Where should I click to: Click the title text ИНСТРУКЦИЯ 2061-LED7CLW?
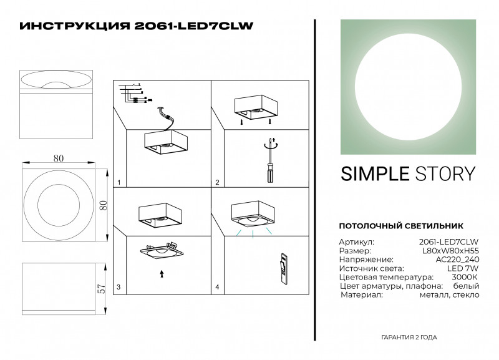tap(137, 26)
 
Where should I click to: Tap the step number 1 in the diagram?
tap(119, 183)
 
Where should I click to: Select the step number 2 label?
tap(217, 183)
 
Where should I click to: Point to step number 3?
tap(119, 288)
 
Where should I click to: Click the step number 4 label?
tap(217, 288)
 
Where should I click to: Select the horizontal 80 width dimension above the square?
tap(59, 158)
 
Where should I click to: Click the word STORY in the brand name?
tap(446, 173)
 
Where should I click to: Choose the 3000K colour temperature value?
tap(465, 276)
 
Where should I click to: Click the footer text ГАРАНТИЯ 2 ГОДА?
tap(409, 337)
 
